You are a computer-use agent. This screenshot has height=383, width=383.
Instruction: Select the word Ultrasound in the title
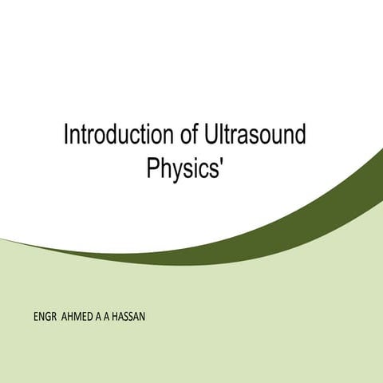point(254,135)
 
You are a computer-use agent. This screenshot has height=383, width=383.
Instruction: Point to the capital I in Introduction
point(65,135)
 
